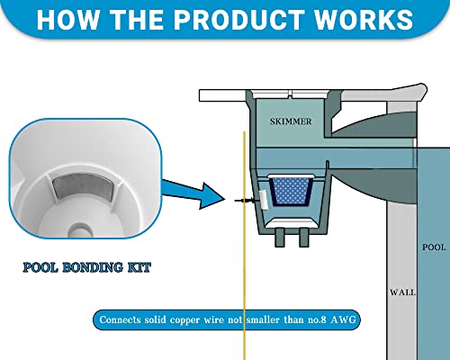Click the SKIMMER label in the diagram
(x=285, y=118)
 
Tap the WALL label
(x=400, y=292)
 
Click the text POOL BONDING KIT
(x=87, y=267)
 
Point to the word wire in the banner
(x=227, y=319)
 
